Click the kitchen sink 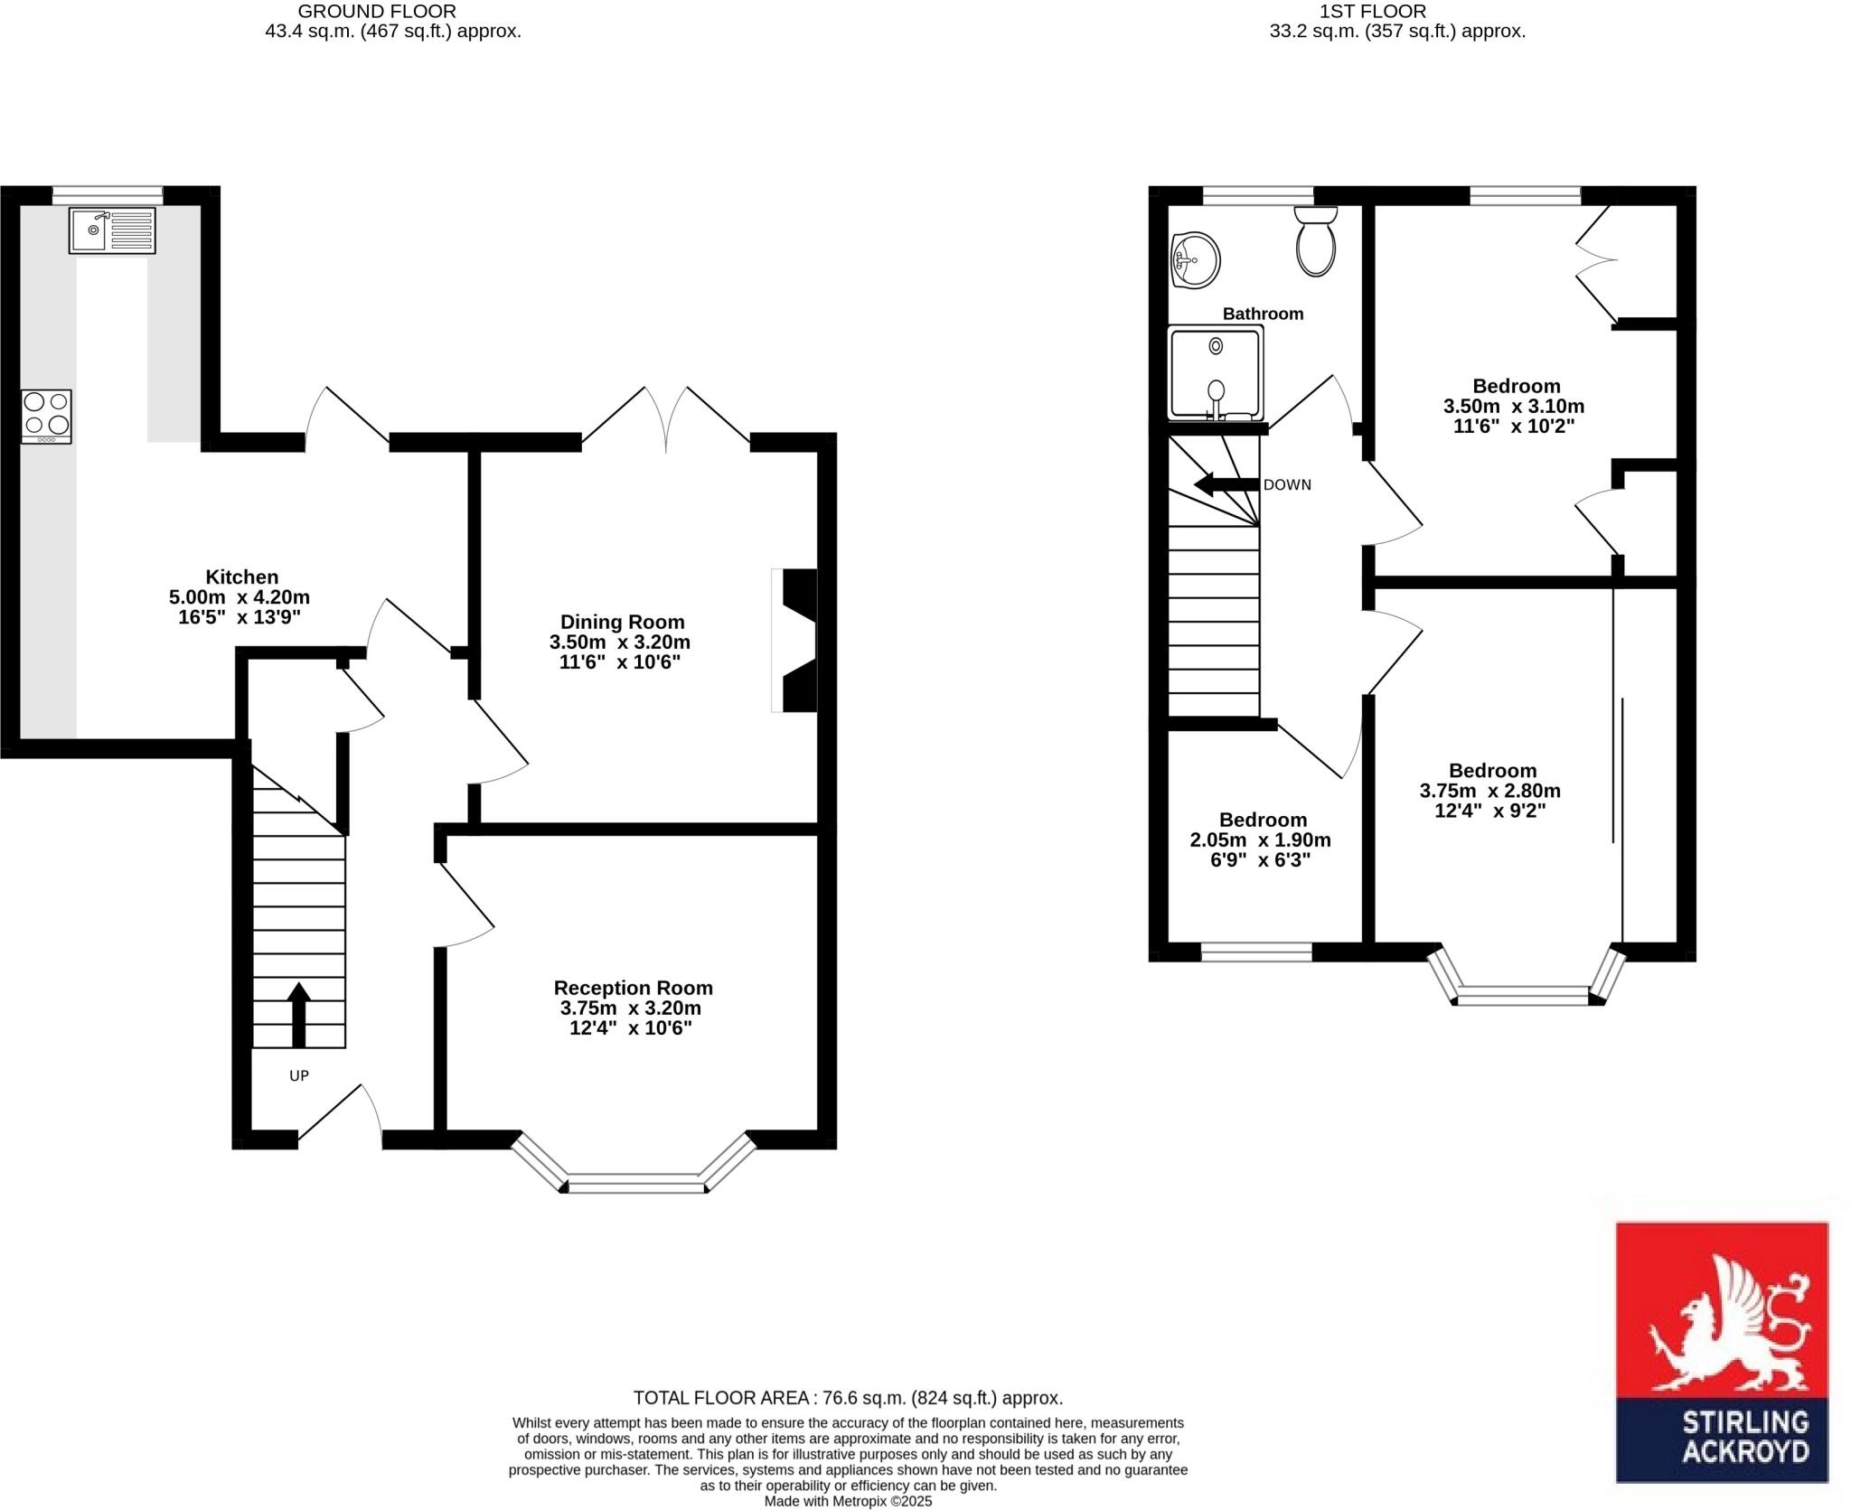click(x=112, y=230)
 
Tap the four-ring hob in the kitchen click(x=46, y=416)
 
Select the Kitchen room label click(x=241, y=577)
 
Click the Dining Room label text click(x=622, y=622)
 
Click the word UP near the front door click(x=298, y=1075)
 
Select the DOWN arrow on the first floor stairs click(x=1226, y=485)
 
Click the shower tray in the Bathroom click(x=1216, y=373)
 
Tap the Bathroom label click(x=1263, y=314)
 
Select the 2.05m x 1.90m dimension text click(x=1260, y=839)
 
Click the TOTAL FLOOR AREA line click(x=847, y=1398)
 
